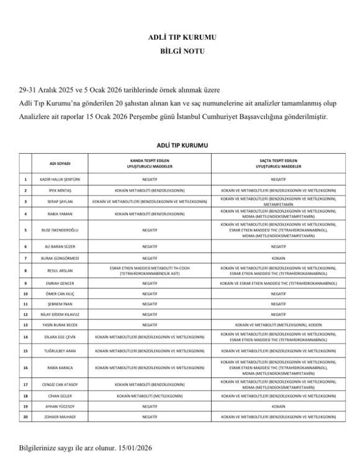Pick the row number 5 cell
25,230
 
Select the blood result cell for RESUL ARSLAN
150,270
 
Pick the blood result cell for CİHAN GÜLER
150,396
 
